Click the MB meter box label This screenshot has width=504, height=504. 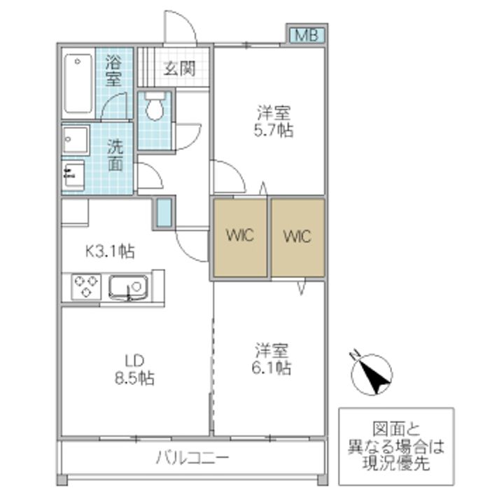point(307,35)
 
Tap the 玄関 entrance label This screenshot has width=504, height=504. point(179,68)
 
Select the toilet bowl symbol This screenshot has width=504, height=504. point(155,106)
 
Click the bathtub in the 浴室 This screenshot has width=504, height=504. point(78,83)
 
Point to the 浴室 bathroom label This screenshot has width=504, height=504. point(114,71)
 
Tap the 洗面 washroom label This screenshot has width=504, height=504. point(115,155)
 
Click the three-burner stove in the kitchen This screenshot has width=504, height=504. point(86,286)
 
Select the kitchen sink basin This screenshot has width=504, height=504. point(129,286)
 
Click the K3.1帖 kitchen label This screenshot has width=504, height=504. point(110,251)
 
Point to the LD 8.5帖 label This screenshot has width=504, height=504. point(135,370)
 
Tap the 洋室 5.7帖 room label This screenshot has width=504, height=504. point(274,121)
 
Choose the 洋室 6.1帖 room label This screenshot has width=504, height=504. point(272,358)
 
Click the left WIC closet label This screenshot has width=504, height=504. point(240,235)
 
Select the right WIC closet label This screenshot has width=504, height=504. point(297,237)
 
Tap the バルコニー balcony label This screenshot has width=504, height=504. point(192,458)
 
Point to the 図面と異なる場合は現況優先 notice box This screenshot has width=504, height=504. point(396,447)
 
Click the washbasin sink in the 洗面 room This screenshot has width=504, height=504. point(76,140)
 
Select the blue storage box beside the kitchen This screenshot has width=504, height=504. point(164,213)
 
